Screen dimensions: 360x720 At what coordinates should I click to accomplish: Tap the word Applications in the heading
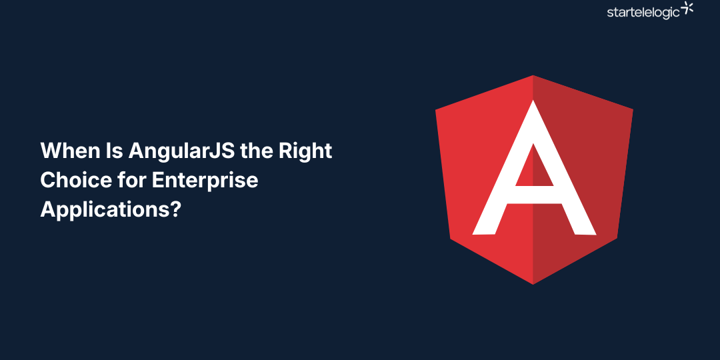tap(103, 209)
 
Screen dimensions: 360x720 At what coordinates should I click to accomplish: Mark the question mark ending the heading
tap(175, 209)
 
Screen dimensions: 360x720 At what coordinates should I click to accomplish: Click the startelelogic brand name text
tap(643, 12)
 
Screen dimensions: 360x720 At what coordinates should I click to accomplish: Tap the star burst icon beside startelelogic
tap(687, 9)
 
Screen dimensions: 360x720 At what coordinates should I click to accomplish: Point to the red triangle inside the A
tap(533, 166)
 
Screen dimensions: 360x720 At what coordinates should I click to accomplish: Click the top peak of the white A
tap(533, 102)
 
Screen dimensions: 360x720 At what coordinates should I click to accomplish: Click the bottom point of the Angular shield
tap(533, 283)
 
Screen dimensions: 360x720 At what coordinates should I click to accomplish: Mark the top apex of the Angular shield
tap(533, 76)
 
